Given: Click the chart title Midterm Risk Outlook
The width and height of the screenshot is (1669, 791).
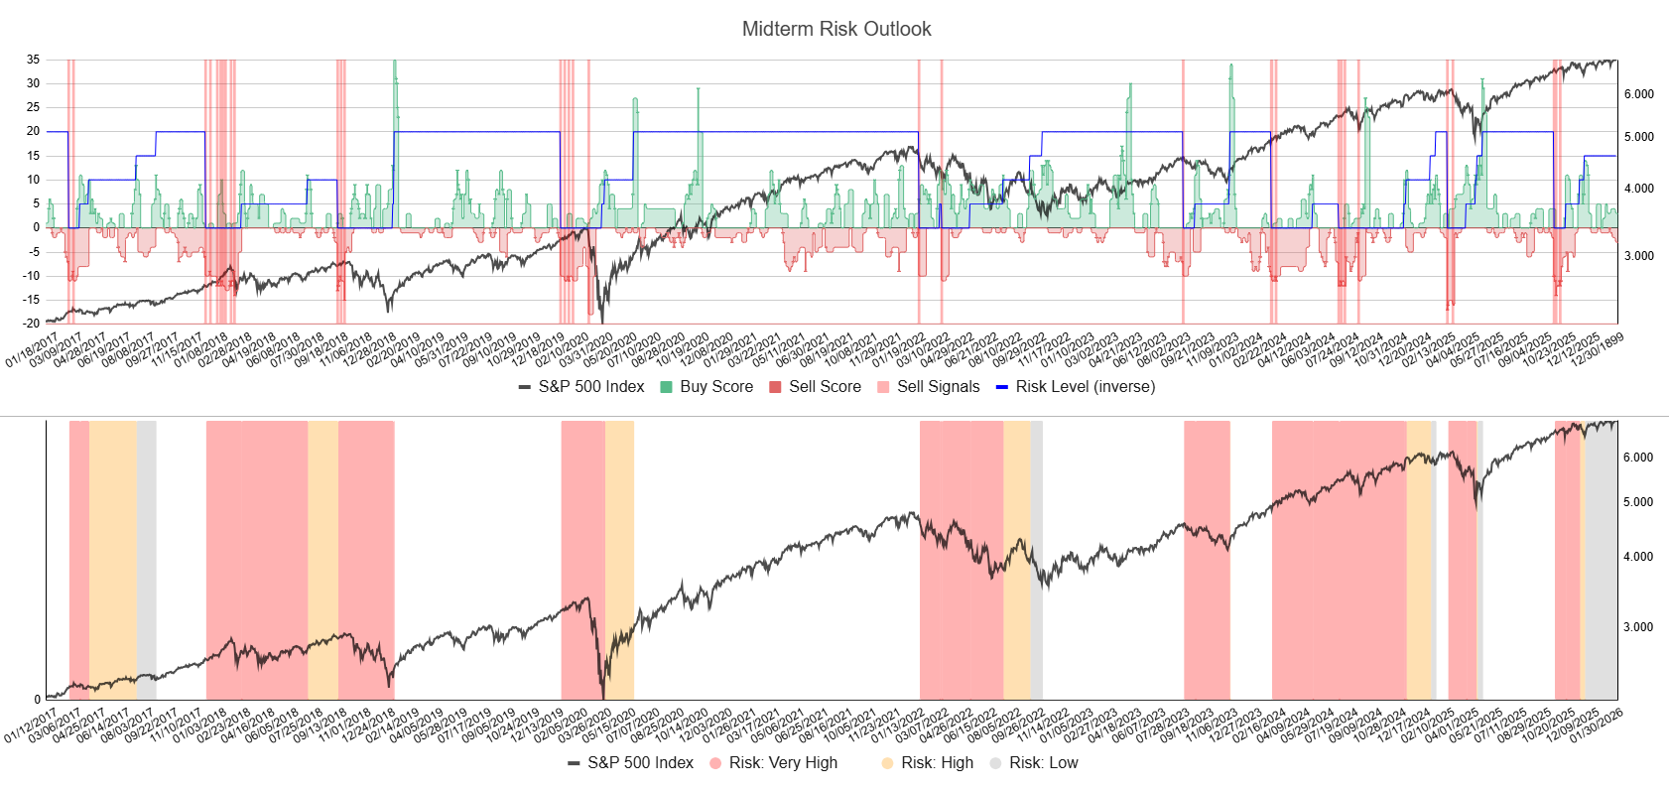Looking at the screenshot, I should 835,29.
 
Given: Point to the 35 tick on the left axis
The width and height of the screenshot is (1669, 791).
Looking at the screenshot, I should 34,60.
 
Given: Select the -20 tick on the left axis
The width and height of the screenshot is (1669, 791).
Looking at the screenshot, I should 33,324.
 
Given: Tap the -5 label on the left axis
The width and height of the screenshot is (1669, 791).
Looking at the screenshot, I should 35,252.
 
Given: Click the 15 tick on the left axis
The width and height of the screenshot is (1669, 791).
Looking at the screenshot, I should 34,156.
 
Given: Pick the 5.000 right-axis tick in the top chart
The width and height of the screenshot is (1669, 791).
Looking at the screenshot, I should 1638,137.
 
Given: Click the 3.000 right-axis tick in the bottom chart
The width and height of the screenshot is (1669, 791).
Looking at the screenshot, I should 1638,627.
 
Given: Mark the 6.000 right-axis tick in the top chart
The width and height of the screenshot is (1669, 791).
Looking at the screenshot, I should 1638,94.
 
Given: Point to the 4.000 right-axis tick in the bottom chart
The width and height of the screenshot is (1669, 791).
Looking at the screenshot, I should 1638,557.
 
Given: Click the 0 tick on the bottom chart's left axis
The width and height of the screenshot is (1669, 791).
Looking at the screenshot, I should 38,700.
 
